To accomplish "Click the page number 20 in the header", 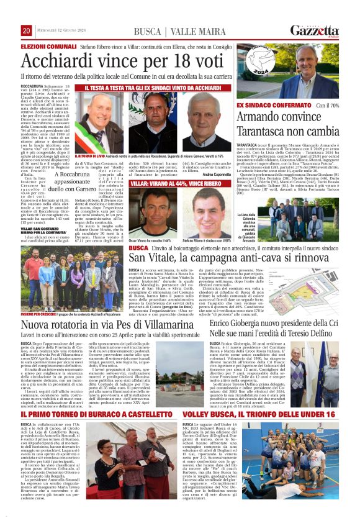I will coord(26,30).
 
